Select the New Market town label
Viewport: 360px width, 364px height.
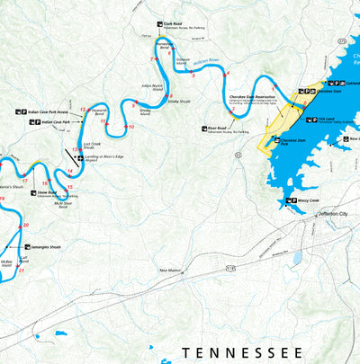click(x=171, y=269)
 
